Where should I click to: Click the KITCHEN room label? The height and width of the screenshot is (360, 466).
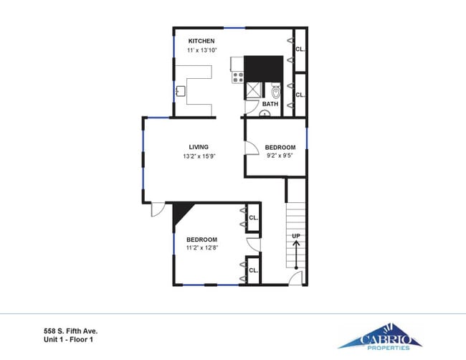coord(201,41)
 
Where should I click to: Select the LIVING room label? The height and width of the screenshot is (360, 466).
coord(199,147)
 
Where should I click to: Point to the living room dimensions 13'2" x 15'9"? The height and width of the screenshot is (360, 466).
coord(199,156)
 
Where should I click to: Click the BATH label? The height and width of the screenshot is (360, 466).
coord(270,104)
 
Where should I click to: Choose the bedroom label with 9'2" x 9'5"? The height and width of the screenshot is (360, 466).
coord(280,147)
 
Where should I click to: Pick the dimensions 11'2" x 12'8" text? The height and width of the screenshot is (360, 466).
coord(201,248)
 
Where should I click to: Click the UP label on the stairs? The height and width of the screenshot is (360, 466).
coord(295,235)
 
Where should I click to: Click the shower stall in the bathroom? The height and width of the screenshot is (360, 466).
coord(254,90)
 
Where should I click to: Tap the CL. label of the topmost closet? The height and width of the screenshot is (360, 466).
coord(300,49)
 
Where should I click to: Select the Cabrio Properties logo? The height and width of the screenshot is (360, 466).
coord(380,336)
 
